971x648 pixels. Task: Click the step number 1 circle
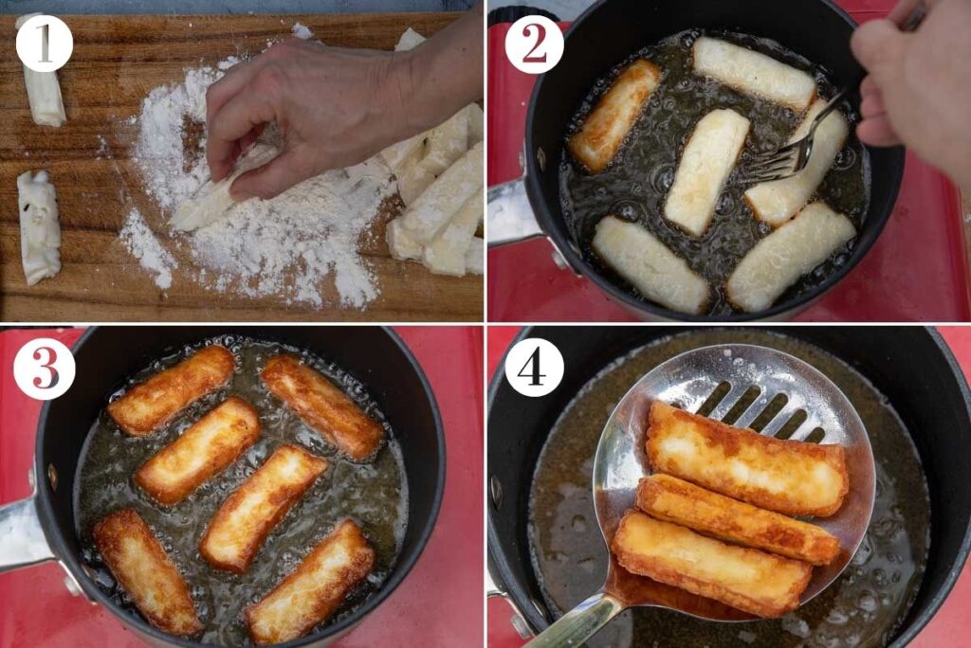44,43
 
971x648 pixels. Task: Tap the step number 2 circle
534,45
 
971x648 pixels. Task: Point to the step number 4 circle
534,367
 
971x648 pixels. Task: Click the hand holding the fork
910,85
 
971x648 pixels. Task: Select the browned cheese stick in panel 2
614,115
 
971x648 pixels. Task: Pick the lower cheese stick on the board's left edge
39,226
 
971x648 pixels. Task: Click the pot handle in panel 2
512,212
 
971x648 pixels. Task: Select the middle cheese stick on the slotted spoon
735,517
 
